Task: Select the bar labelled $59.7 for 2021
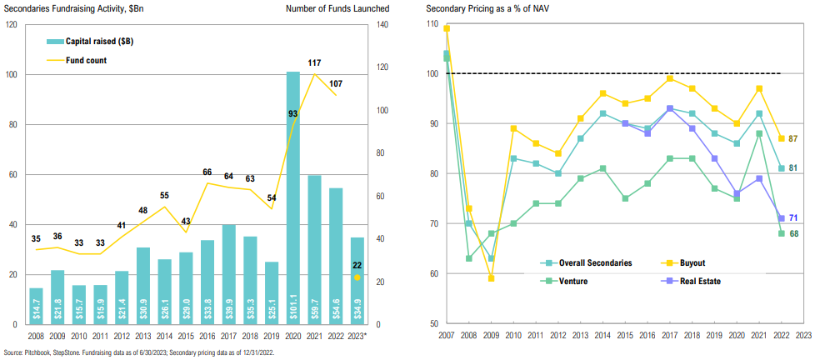(x=315, y=249)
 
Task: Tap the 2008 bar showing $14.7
(x=37, y=306)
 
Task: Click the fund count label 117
(x=314, y=63)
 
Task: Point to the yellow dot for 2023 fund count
(x=357, y=277)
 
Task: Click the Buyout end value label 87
(x=795, y=138)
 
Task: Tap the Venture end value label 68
(x=795, y=233)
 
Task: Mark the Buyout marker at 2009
(x=492, y=277)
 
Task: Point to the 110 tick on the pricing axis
(x=432, y=24)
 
